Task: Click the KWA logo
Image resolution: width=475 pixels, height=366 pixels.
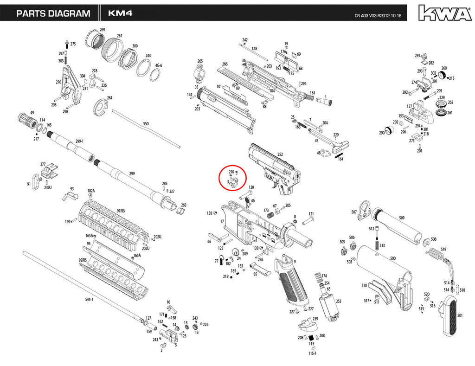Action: [x=445, y=13]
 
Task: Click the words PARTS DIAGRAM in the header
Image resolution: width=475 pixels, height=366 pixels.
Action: [x=53, y=13]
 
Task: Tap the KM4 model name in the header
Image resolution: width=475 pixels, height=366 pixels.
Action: [x=120, y=13]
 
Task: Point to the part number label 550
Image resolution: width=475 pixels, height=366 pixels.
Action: [x=146, y=124]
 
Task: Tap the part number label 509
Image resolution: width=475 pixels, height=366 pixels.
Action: [x=402, y=218]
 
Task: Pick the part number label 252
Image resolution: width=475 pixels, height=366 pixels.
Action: [x=280, y=154]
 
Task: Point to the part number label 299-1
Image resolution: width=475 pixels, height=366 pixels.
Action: [x=79, y=141]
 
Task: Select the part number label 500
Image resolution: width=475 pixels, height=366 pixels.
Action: [x=392, y=258]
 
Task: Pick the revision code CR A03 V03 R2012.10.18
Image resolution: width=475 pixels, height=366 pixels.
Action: [x=378, y=15]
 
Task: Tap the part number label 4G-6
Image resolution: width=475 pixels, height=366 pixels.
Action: [x=159, y=65]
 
